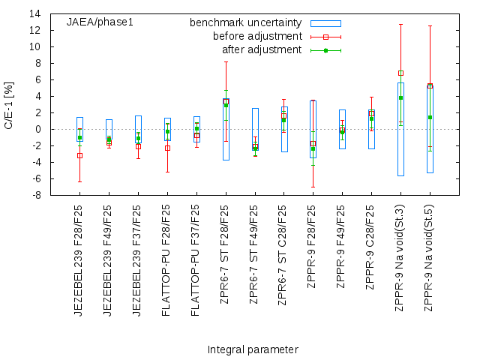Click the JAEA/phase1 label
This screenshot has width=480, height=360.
pyautogui.click(x=100, y=22)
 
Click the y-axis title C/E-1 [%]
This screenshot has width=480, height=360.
pyautogui.click(x=9, y=105)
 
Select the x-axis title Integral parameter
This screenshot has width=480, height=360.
pyautogui.click(x=253, y=349)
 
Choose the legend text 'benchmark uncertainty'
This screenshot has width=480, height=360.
pyautogui.click(x=245, y=22)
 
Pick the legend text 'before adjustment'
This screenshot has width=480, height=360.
pyautogui.click(x=257, y=36)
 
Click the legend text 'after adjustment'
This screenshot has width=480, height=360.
pyautogui.click(x=262, y=49)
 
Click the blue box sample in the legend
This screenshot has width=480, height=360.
pyautogui.click(x=325, y=22)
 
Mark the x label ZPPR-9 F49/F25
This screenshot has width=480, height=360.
pyautogui.click(x=342, y=255)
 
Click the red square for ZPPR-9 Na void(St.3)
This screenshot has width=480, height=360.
pyautogui.click(x=401, y=73)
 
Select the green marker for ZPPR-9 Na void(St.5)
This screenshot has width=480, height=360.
pyautogui.click(x=430, y=117)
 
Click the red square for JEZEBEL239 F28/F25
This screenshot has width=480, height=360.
pyautogui.click(x=79, y=155)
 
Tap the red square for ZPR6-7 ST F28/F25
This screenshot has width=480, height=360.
pyautogui.click(x=226, y=101)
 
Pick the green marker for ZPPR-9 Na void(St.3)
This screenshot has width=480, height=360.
pyautogui.click(x=401, y=97)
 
